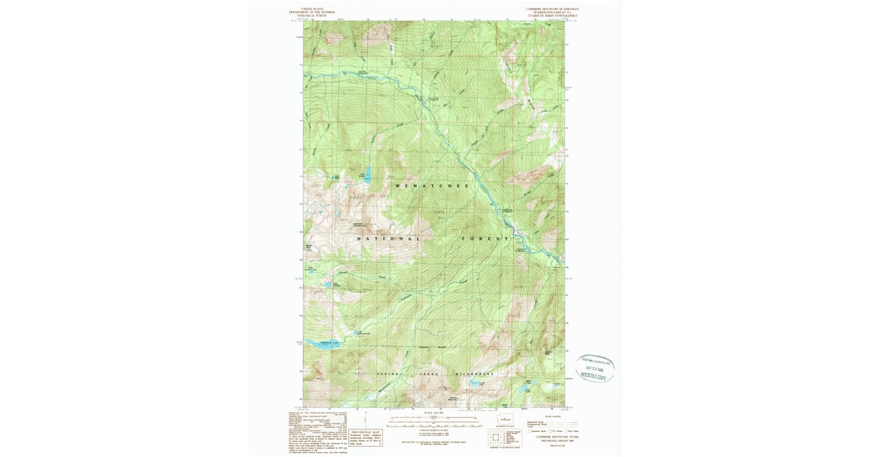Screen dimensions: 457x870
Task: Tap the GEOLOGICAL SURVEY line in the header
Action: [308, 15]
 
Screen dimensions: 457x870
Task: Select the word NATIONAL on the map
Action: [389, 239]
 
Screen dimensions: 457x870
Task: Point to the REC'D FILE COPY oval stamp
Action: [596, 369]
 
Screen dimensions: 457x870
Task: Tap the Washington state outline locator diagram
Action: [505, 420]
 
